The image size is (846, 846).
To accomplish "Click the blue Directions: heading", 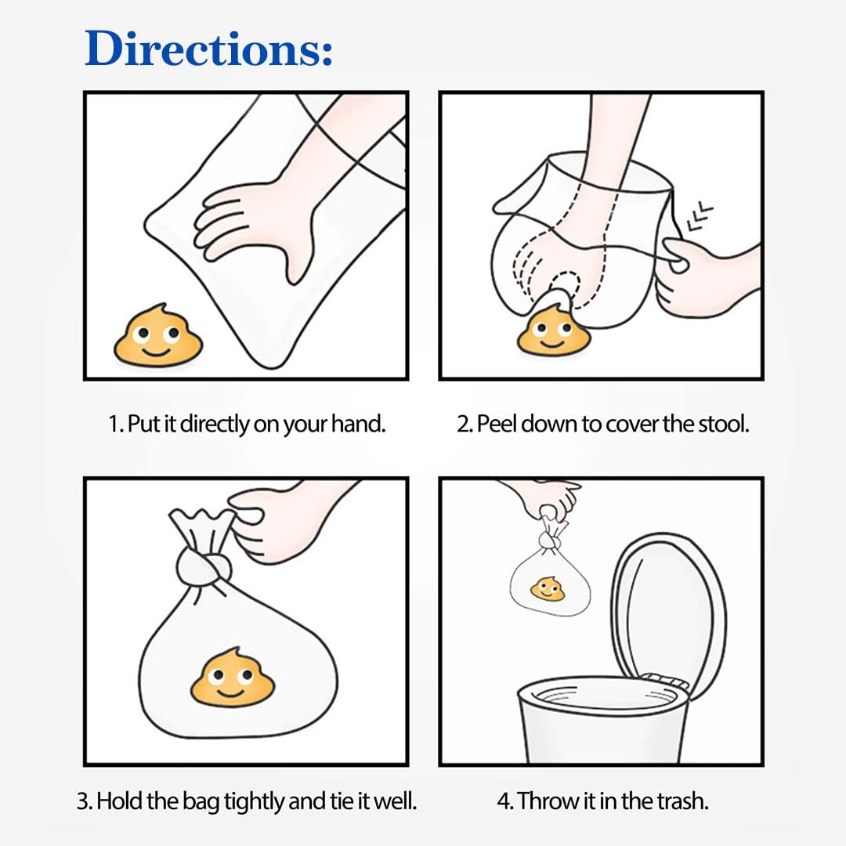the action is [x=208, y=49].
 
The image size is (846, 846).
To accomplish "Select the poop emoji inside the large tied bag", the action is [x=233, y=678].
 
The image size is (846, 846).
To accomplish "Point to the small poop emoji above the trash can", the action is [x=547, y=588].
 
